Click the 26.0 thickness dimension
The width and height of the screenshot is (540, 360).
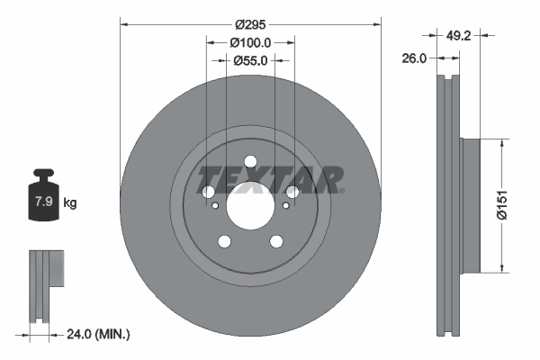[415, 58]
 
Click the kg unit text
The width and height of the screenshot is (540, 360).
[70, 203]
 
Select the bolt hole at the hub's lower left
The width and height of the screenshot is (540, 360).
[223, 240]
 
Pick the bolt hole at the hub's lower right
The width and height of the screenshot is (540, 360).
[275, 240]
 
